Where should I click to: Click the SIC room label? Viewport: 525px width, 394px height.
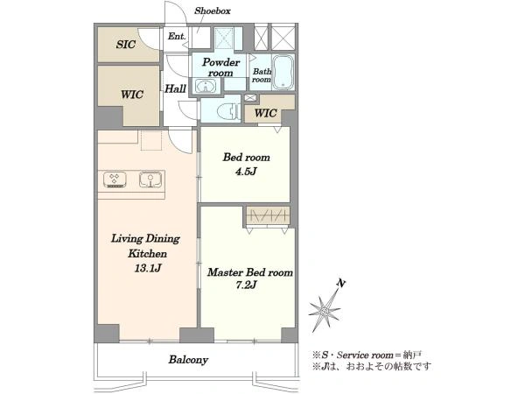[126, 45]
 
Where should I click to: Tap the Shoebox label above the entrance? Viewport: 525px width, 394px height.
[213, 11]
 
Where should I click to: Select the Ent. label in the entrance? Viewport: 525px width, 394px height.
[177, 36]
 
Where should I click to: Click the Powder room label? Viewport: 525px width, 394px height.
[221, 67]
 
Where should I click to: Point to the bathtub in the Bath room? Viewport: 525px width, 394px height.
[283, 73]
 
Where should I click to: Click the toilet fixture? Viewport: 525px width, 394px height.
[227, 111]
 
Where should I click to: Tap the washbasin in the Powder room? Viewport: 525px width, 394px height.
[204, 86]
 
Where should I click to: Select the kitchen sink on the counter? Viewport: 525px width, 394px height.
[150, 179]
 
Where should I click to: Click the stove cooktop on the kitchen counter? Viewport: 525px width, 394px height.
[115, 179]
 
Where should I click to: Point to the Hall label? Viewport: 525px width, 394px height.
[176, 88]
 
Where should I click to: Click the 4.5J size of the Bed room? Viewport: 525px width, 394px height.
[246, 172]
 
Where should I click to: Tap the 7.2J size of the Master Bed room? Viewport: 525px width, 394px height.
[246, 285]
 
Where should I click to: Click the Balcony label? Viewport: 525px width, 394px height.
[188, 360]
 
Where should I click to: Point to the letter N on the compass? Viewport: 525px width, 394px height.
[341, 284]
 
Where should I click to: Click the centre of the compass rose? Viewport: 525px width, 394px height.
[325, 312]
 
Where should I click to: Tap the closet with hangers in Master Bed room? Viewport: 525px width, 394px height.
[268, 215]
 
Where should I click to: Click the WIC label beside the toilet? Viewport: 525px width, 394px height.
[265, 113]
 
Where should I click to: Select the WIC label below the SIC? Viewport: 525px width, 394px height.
[132, 95]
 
